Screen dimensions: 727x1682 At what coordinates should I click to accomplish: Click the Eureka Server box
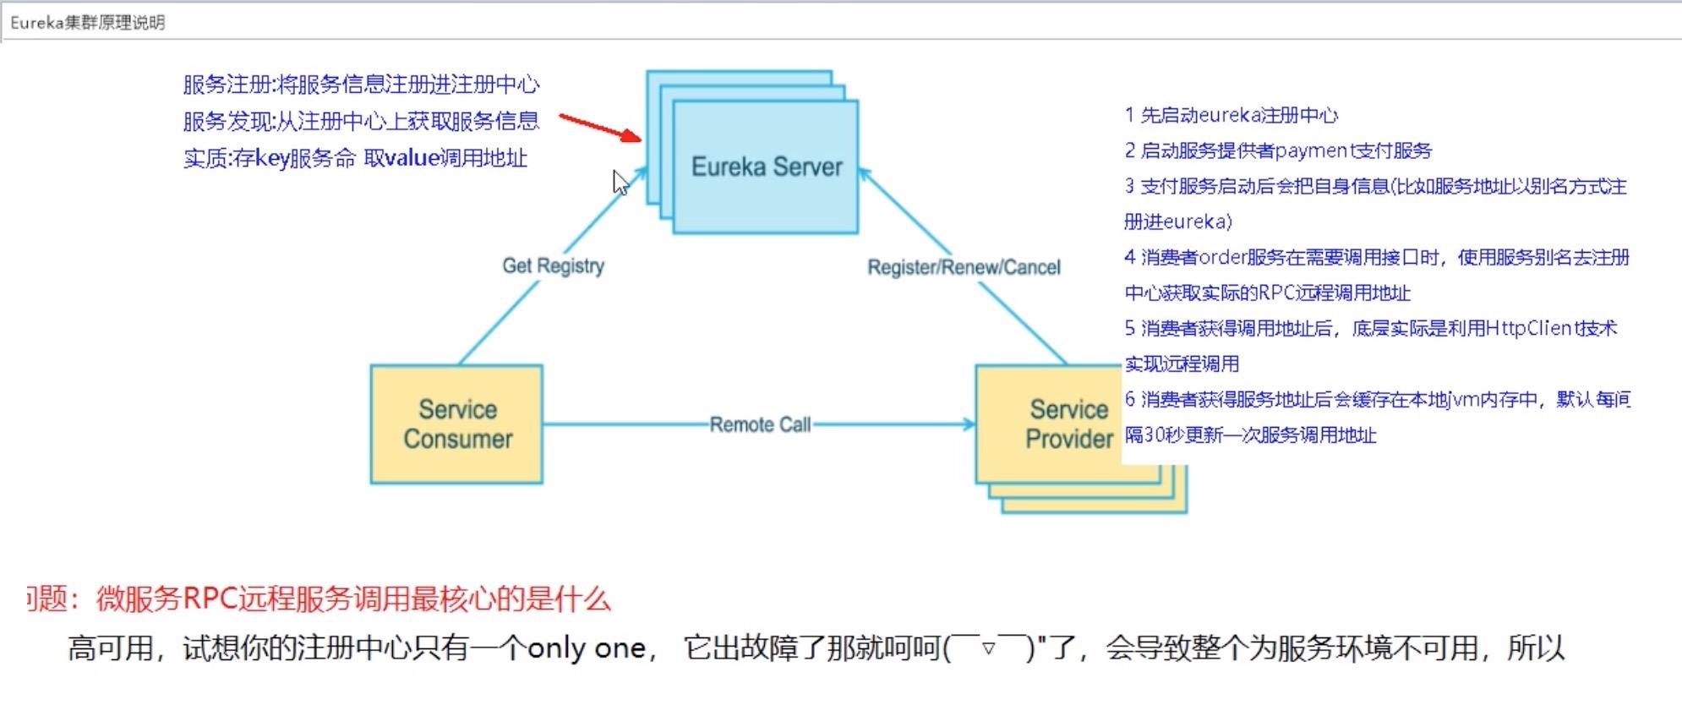(x=766, y=167)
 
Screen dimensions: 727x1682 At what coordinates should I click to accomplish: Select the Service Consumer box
(x=456, y=424)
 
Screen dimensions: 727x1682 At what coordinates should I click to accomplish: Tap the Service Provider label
(x=1068, y=424)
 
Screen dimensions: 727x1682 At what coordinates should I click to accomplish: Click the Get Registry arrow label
(x=553, y=265)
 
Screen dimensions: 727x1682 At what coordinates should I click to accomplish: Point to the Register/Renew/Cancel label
(x=964, y=267)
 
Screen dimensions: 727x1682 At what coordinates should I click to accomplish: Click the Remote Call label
(x=760, y=424)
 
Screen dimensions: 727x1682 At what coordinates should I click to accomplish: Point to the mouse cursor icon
(x=620, y=182)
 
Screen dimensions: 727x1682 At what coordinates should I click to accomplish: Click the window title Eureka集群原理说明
(x=87, y=23)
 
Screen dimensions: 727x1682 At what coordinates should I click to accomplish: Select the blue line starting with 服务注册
(x=361, y=85)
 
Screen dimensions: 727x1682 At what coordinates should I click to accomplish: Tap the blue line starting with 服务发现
(x=361, y=122)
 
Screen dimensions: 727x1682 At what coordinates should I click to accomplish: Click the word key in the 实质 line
(x=272, y=159)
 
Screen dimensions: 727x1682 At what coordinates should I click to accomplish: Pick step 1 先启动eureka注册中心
(x=1231, y=115)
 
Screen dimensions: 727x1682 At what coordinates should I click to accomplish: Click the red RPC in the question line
(x=210, y=599)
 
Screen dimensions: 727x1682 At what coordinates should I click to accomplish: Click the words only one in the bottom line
(x=587, y=648)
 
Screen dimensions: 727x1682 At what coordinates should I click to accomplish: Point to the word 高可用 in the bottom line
(x=111, y=648)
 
